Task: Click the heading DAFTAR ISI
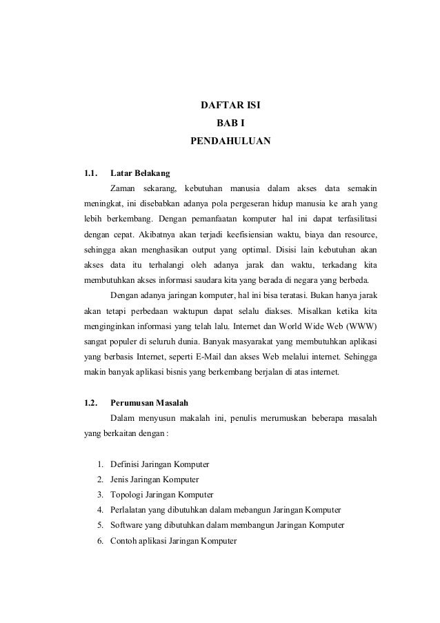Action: pyautogui.click(x=230, y=107)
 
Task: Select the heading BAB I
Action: pyautogui.click(x=230, y=124)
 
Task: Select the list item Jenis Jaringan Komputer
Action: pyautogui.click(x=154, y=479)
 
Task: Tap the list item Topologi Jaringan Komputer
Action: pyautogui.click(x=162, y=495)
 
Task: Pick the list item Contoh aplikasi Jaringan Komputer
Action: pyautogui.click(x=173, y=542)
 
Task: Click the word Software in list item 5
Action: pyautogui.click(x=128, y=526)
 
